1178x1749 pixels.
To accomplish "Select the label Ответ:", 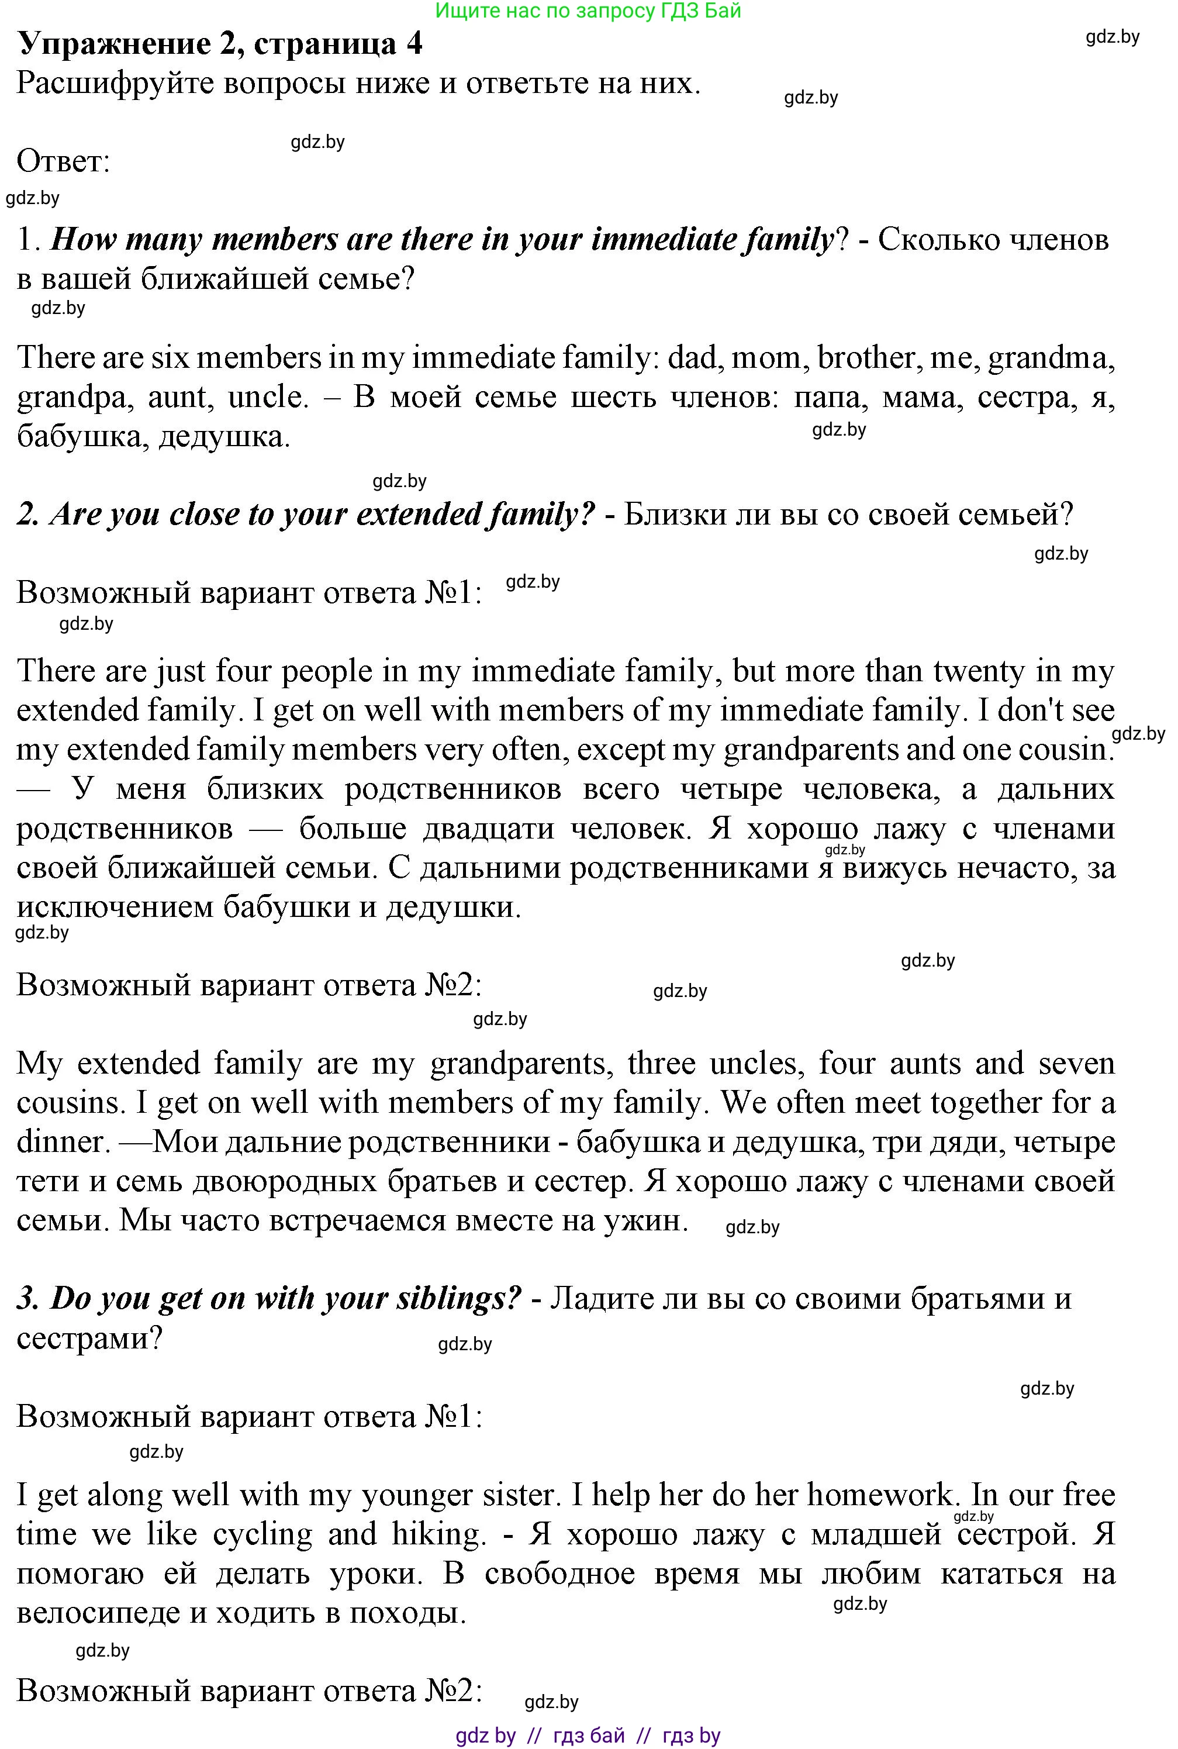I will [63, 161].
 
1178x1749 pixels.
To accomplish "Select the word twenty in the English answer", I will [978, 671].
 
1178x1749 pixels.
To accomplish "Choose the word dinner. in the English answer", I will [64, 1142].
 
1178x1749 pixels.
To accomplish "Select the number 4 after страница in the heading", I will [414, 44].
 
